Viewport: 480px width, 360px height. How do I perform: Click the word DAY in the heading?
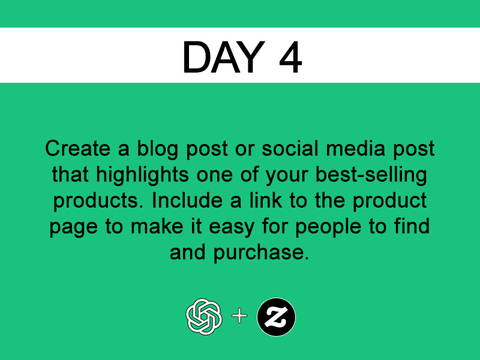tap(224, 57)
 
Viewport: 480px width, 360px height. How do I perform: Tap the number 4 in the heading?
tap(290, 57)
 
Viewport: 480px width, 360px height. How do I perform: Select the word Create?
tap(78, 148)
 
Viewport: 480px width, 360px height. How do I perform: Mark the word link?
tap(265, 200)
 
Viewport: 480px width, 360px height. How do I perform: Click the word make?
tap(157, 227)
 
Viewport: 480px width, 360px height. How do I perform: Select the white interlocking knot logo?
tap(204, 317)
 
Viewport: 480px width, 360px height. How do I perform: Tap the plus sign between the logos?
tap(239, 316)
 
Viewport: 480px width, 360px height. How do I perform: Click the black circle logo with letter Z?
tap(277, 317)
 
